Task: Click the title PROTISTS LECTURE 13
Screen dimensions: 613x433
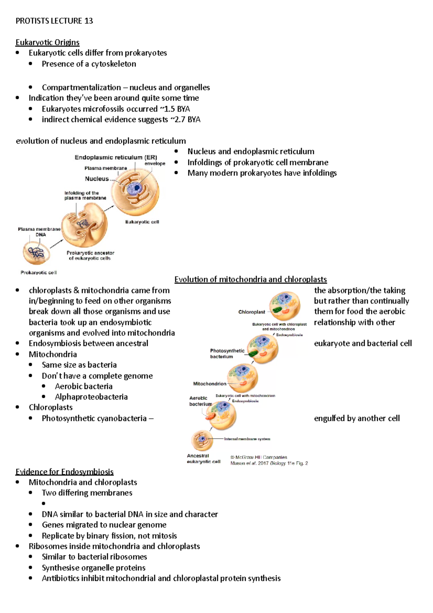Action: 54,21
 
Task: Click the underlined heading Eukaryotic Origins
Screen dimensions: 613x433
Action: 47,42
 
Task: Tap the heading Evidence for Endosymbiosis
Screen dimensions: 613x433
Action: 64,471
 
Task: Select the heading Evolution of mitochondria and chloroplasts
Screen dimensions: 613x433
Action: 250,279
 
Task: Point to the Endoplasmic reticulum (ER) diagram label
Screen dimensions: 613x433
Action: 116,157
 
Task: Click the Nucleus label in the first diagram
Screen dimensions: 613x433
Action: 97,179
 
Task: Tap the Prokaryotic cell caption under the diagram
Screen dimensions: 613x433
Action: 39,273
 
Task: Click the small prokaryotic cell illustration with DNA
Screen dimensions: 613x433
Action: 36,253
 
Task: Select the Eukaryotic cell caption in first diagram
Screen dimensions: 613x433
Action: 142,222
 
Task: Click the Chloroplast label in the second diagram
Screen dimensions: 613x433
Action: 252,312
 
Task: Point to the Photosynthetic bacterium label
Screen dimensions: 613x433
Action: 227,353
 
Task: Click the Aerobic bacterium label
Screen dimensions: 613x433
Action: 200,401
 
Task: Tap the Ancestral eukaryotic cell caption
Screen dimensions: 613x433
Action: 203,458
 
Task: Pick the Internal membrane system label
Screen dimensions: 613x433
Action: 247,439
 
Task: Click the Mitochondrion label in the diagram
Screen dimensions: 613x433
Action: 210,384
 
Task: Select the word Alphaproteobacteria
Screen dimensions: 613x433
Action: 91,397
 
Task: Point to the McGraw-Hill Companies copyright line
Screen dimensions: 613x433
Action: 259,457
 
